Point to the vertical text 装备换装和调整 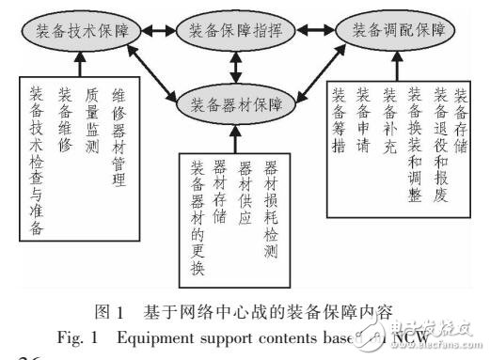[415, 142]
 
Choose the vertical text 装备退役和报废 [439, 142]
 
